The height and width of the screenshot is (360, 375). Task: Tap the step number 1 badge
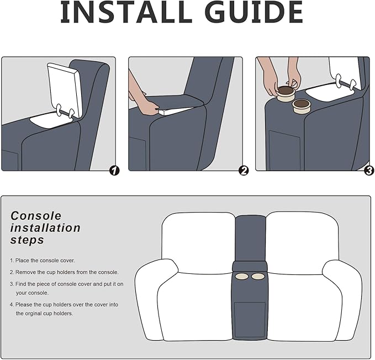tap(114, 171)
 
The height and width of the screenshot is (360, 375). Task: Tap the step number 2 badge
tap(244, 171)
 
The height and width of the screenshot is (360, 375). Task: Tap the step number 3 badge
tap(369, 171)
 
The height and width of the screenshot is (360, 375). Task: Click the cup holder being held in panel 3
tap(286, 94)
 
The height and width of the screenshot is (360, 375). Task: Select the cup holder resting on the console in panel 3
tap(302, 107)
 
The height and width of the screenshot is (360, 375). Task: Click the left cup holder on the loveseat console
tap(242, 277)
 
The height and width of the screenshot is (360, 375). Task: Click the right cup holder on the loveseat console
tap(258, 277)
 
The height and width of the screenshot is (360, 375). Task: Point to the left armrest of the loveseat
tap(155, 299)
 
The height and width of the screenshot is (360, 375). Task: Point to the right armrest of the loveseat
tap(342, 299)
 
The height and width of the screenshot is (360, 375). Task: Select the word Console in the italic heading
tap(36, 216)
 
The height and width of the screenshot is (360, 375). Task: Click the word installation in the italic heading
tap(45, 228)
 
